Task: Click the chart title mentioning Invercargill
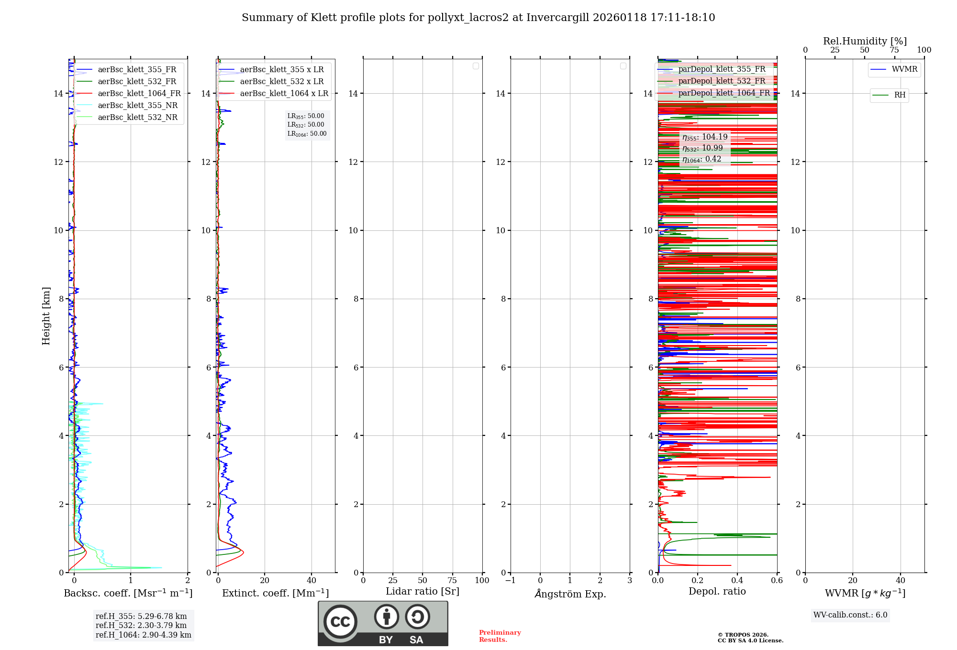[478, 18]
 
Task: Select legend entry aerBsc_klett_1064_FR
[139, 94]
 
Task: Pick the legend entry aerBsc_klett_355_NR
[137, 106]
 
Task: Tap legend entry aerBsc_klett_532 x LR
[281, 82]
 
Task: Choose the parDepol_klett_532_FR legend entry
[722, 81]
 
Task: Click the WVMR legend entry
[904, 69]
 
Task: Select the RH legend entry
[899, 95]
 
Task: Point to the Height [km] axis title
[46, 316]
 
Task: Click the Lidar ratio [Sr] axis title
[423, 592]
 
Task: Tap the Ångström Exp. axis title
[570, 594]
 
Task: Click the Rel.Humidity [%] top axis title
[865, 41]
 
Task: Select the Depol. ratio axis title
[717, 592]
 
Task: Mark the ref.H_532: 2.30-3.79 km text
[141, 625]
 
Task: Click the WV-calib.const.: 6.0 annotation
[850, 615]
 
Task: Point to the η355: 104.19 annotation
[705, 137]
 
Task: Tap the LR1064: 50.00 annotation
[307, 134]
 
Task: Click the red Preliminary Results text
[500, 636]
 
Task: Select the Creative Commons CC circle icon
[340, 621]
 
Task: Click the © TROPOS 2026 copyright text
[743, 635]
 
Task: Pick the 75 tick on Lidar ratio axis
[452, 580]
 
